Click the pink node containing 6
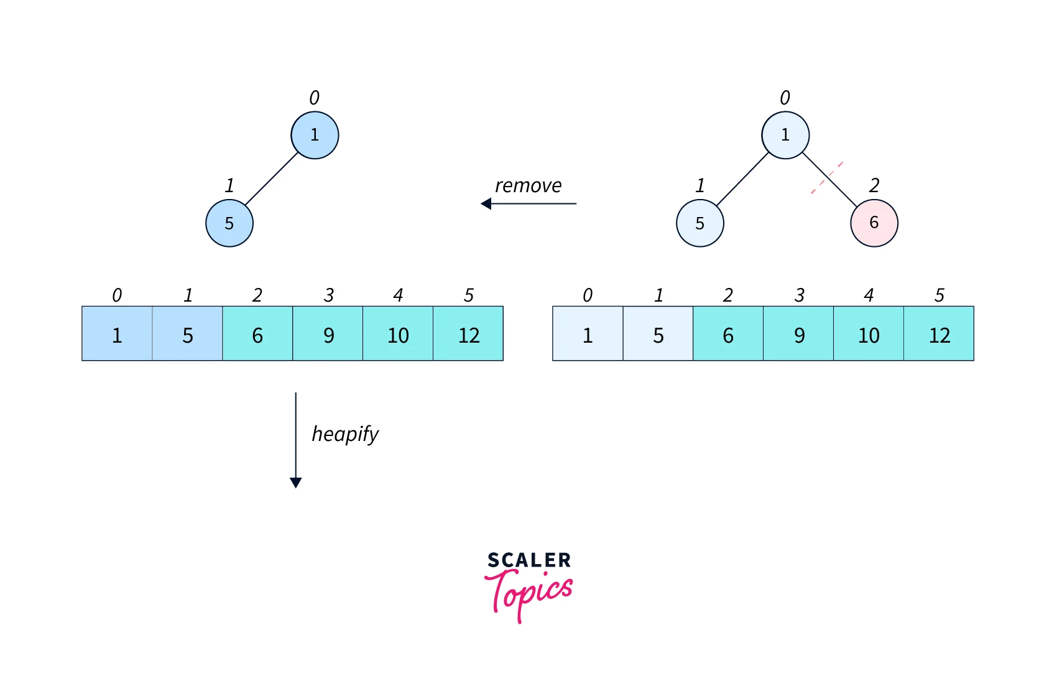tap(874, 223)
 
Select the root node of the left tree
tap(315, 135)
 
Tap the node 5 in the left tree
tap(229, 223)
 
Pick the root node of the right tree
tap(785, 135)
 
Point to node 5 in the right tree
tap(699, 223)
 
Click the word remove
tap(528, 185)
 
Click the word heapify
tap(345, 433)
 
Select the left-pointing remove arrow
tap(528, 203)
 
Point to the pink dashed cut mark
tap(826, 178)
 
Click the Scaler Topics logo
tap(528, 585)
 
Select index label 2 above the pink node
tap(874, 185)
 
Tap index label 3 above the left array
tap(328, 295)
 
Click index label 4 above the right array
tap(869, 295)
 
